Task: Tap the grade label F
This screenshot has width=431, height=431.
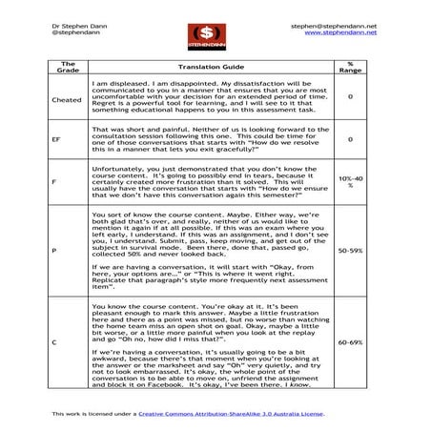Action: pos(54,180)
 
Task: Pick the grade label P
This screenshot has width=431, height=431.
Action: pos(54,251)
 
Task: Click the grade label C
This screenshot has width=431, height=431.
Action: pos(54,341)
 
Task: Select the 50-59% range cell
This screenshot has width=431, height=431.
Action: pos(350,251)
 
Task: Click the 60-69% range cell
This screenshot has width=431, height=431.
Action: pos(350,341)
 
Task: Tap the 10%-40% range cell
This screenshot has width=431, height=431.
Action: pos(350,180)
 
